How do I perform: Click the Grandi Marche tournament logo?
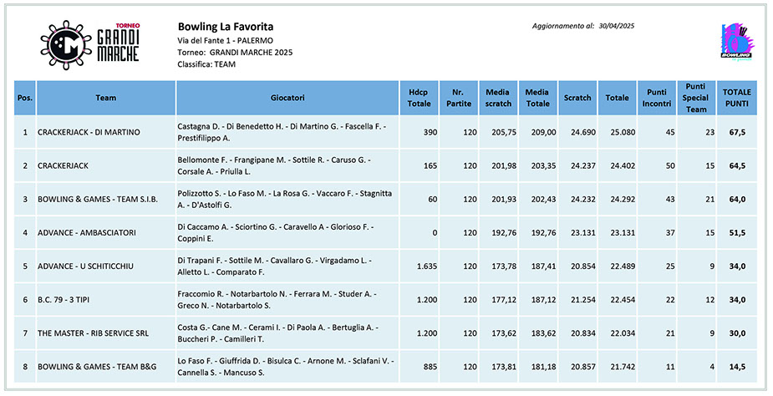coord(90,45)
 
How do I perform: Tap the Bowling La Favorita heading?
coord(226,27)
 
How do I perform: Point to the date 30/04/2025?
coord(616,26)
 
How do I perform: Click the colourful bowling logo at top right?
coord(736,42)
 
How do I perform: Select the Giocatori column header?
coord(287,98)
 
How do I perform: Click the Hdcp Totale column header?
coord(419,98)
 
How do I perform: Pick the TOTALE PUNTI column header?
coord(736,98)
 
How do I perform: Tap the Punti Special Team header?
coord(695,98)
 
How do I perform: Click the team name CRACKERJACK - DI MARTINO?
coord(89,132)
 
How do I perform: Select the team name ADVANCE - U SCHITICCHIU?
coord(85,267)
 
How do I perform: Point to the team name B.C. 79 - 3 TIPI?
coord(64,300)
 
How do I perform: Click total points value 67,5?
coord(737,132)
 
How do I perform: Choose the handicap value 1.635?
coord(427,267)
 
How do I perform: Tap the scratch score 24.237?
coord(583,165)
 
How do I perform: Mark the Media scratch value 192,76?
coord(504,233)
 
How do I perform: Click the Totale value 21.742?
coord(623,367)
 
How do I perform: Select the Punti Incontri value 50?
coord(670,165)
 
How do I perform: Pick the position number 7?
coord(25,333)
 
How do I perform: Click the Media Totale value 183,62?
coord(543,333)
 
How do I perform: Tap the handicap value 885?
coord(430,367)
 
